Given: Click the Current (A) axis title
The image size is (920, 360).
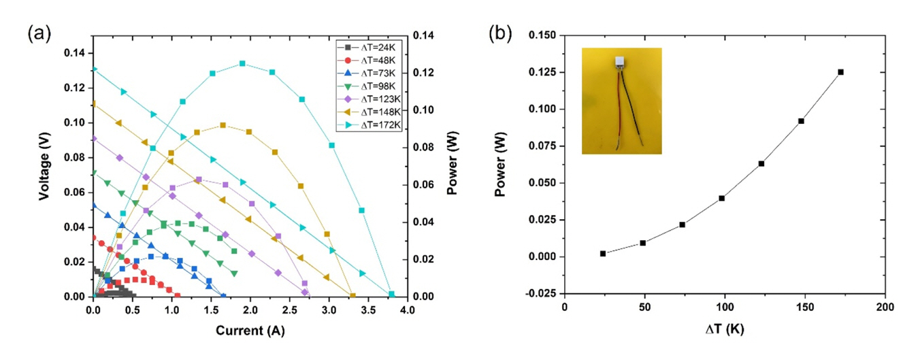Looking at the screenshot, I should pos(250,331).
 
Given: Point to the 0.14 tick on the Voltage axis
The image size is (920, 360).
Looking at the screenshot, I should pos(76,53).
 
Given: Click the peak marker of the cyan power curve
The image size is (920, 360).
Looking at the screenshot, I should pos(242,63).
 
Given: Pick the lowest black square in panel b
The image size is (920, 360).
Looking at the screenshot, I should pos(603,253).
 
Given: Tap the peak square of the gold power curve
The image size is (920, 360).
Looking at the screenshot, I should pos(223,125).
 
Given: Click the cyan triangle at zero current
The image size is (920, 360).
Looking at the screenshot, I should pos(94,69).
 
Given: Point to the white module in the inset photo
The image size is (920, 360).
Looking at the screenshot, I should pos(620,61).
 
